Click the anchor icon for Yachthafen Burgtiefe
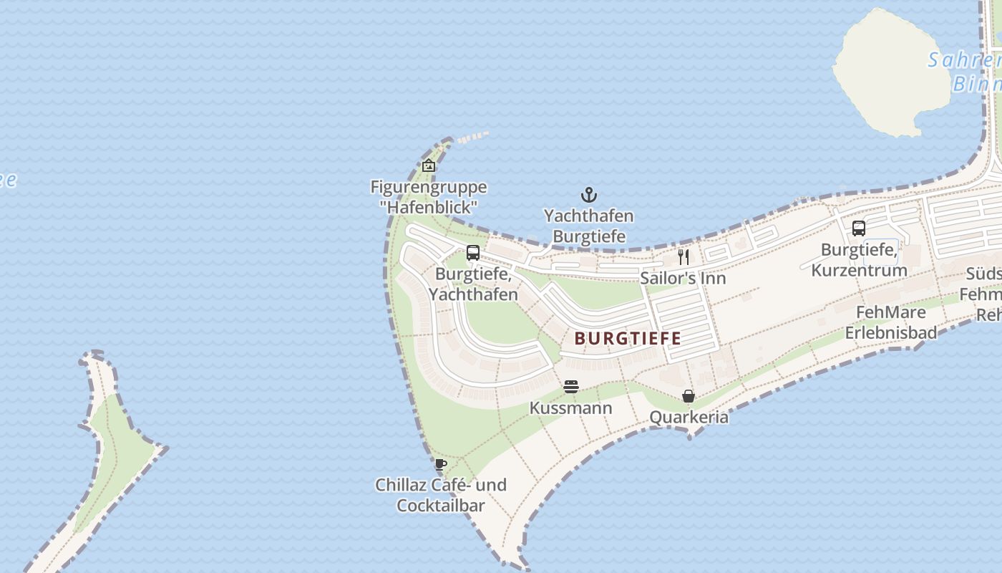(x=588, y=195)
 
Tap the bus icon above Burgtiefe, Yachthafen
(x=473, y=252)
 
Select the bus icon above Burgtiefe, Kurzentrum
(x=859, y=228)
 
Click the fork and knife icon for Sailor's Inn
(x=684, y=256)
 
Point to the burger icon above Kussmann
(x=570, y=387)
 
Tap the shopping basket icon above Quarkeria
(x=688, y=396)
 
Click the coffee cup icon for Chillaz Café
(x=441, y=464)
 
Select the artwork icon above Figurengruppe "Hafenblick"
(x=429, y=166)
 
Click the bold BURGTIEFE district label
(x=628, y=338)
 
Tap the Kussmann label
(x=570, y=408)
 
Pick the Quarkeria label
(x=689, y=417)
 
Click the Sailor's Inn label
(x=683, y=278)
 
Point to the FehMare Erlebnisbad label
(x=891, y=322)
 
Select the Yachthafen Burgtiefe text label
(x=588, y=226)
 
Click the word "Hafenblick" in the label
(x=429, y=208)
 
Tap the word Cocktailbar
(x=440, y=505)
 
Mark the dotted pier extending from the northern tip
(x=472, y=136)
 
